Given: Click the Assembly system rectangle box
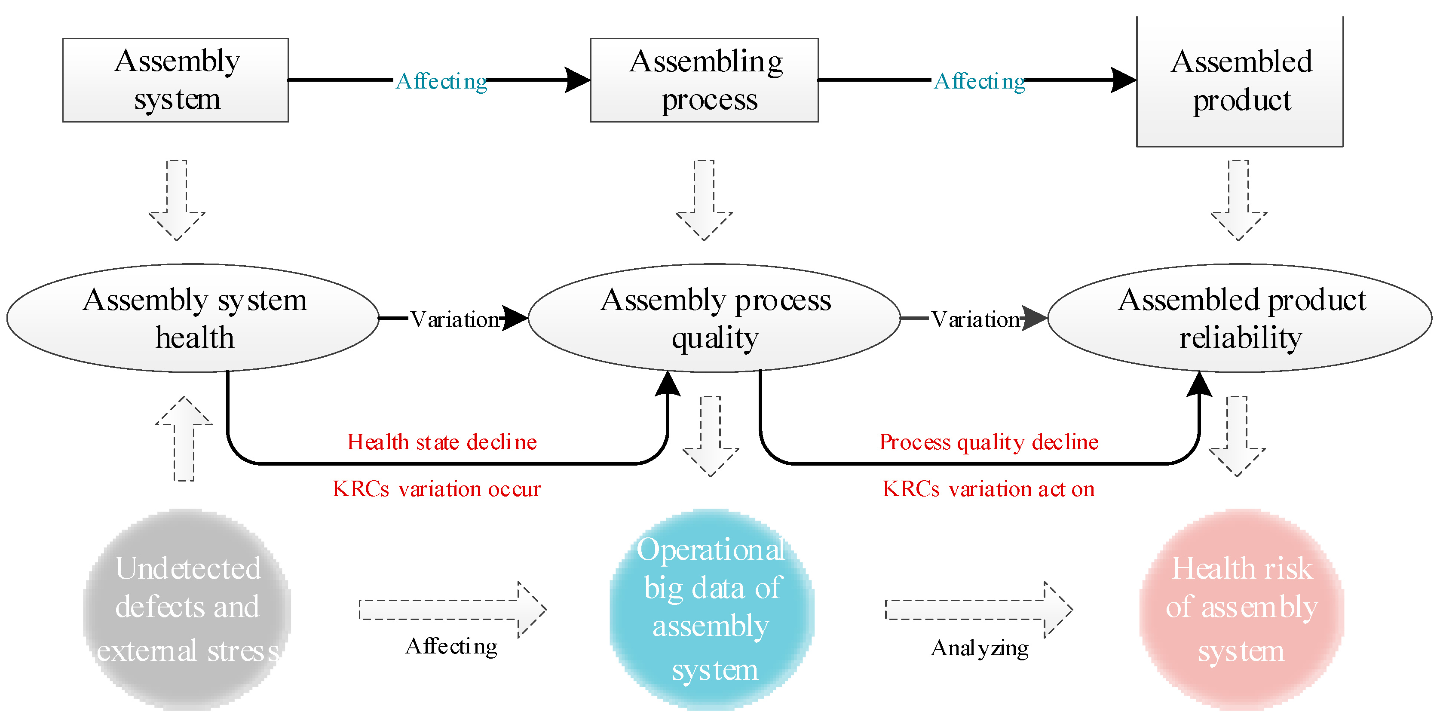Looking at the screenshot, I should tap(175, 80).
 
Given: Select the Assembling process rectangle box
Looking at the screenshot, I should tap(704, 80).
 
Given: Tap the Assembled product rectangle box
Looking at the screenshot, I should tap(1239, 82).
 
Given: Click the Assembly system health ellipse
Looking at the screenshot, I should tap(193, 318).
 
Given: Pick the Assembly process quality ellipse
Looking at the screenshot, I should tap(714, 318).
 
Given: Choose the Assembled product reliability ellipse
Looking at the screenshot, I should tap(1239, 318).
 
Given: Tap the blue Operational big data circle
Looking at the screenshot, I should tap(711, 609).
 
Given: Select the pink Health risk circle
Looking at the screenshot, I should tap(1241, 609).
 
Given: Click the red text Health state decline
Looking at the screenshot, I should tap(441, 442).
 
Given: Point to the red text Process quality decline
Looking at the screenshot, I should tap(988, 442).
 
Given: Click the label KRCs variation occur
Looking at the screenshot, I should tap(436, 489).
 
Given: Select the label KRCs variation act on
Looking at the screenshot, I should tap(988, 489).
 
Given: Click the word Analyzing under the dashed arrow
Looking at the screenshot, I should tap(979, 648).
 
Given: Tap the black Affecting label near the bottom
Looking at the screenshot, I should tap(451, 646).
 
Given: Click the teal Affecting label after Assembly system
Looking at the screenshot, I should tap(441, 82).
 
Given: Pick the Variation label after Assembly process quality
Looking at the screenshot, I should tap(976, 319).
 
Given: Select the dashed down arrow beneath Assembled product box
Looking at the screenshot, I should tap(1238, 199).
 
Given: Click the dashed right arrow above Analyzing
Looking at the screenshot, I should tap(978, 609).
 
